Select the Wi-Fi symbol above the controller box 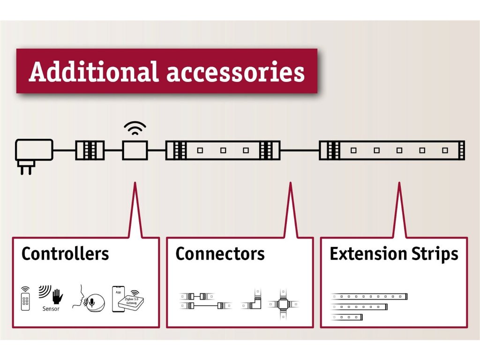click(135, 128)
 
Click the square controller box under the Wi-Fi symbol click(135, 150)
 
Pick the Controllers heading click(65, 254)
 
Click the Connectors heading click(220, 254)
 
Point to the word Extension click(361, 254)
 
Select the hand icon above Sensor click(57, 296)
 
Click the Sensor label click(51, 309)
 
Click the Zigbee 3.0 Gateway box click(132, 303)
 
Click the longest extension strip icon click(369, 296)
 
